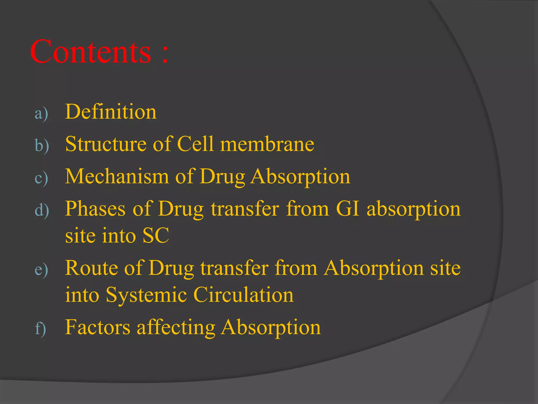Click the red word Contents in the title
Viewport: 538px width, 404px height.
(91, 52)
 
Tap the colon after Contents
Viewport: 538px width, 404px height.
(165, 54)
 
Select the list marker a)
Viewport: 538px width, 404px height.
(41, 114)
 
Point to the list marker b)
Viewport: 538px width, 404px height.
(42, 145)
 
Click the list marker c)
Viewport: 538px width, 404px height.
(41, 178)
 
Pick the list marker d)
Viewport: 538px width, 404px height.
(42, 210)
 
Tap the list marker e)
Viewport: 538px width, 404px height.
(41, 270)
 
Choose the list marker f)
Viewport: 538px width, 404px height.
(40, 329)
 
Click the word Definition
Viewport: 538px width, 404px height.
(111, 112)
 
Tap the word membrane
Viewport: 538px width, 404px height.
(267, 144)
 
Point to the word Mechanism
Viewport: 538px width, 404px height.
(117, 176)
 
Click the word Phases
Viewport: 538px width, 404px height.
(95, 209)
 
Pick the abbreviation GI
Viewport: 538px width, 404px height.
(347, 209)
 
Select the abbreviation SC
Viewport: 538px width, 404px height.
(156, 235)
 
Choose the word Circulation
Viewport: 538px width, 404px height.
(244, 295)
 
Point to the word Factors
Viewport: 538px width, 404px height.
(97, 327)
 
